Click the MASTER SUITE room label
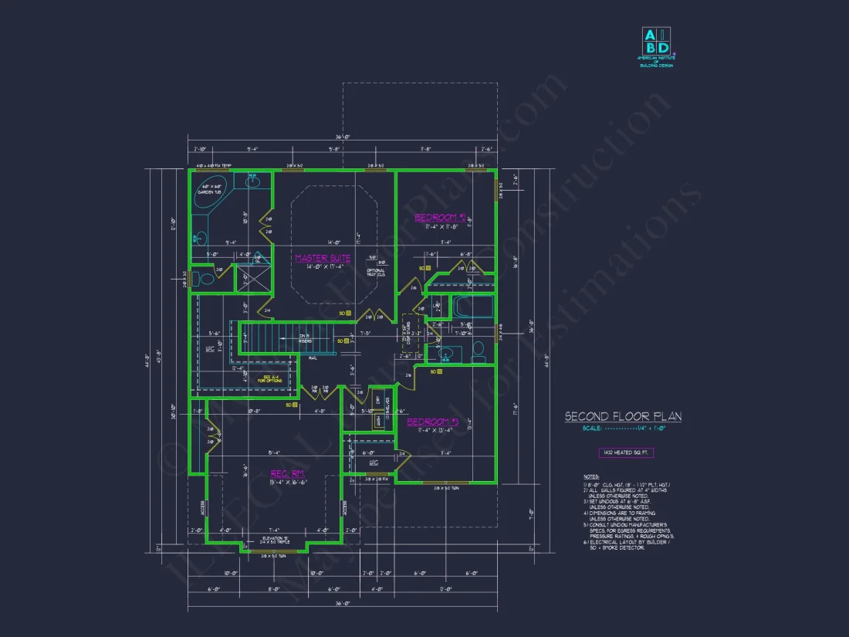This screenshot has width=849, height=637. tap(323, 259)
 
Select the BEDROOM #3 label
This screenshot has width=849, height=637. tap(432, 422)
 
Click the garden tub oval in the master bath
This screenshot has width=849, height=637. tap(211, 190)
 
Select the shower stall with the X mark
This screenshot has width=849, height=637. tap(250, 277)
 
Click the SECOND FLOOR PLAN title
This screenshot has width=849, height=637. tap(623, 417)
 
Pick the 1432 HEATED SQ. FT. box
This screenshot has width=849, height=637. tap(625, 453)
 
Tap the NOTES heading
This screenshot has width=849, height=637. tap(591, 477)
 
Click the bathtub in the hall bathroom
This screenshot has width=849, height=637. tap(471, 307)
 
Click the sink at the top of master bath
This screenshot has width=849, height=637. tap(253, 181)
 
